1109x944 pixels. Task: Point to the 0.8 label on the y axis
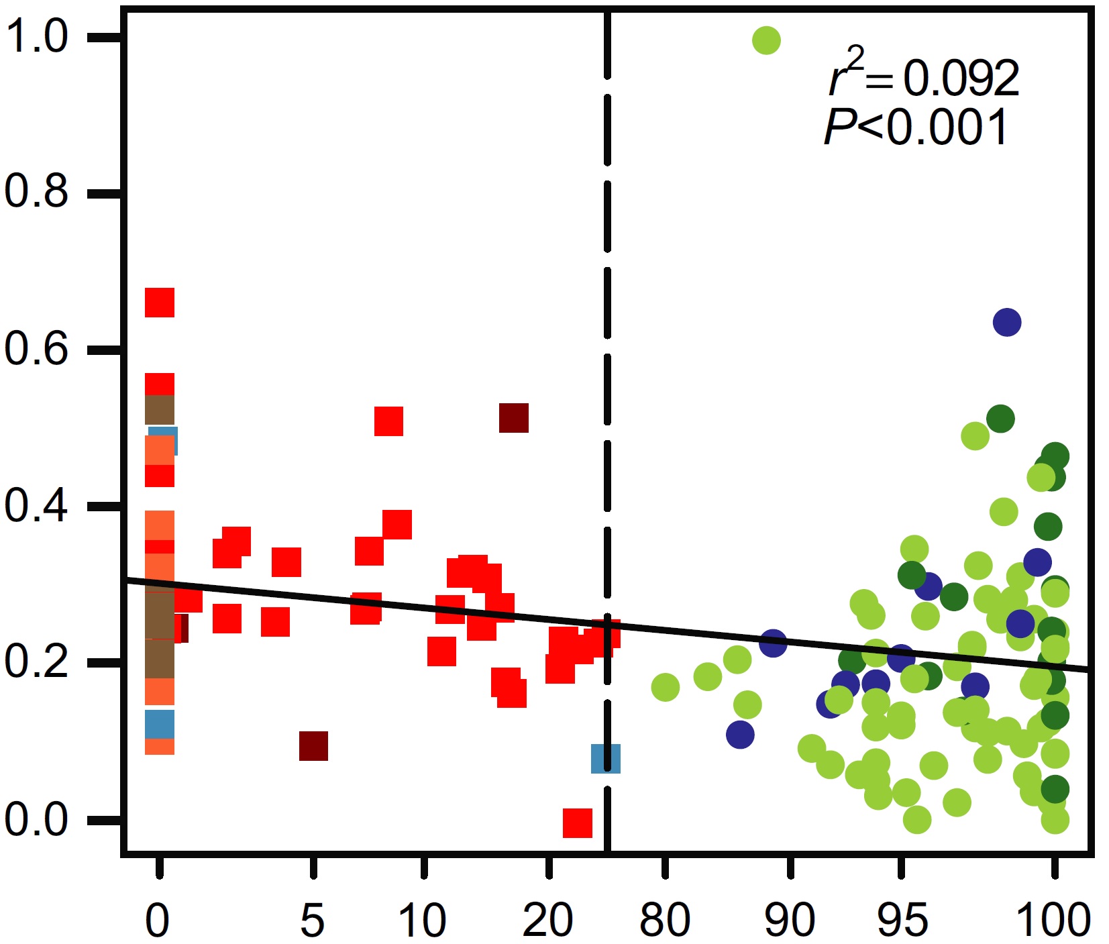[37, 192]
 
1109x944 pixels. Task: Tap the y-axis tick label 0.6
[37, 349]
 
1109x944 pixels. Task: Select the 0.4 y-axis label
[37, 505]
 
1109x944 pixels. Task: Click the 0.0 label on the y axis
[37, 819]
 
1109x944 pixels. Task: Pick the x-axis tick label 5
[313, 920]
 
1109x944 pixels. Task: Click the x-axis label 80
[664, 920]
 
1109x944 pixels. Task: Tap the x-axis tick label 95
[902, 920]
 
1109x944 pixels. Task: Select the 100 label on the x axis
[1053, 920]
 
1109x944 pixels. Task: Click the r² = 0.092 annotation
[925, 75]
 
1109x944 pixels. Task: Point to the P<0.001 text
[916, 127]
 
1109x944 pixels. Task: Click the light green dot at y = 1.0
[766, 40]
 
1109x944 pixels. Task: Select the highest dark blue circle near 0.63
[1007, 323]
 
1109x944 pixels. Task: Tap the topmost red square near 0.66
[160, 303]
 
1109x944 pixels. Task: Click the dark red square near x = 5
[313, 746]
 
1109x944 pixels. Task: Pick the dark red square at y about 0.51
[514, 418]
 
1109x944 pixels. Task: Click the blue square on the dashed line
[605, 758]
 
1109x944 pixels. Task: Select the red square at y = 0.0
[578, 823]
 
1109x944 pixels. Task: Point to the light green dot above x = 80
[665, 687]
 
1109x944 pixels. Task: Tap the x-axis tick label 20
[548, 920]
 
